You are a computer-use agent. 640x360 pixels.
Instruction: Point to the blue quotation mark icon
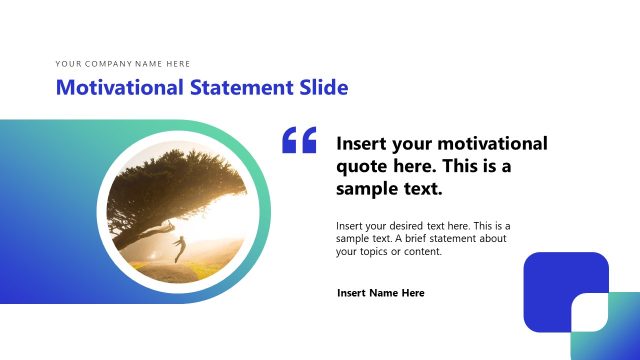coord(299,140)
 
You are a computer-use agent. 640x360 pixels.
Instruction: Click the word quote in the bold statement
coord(361,166)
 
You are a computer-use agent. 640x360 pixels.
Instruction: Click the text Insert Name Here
coord(381,293)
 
